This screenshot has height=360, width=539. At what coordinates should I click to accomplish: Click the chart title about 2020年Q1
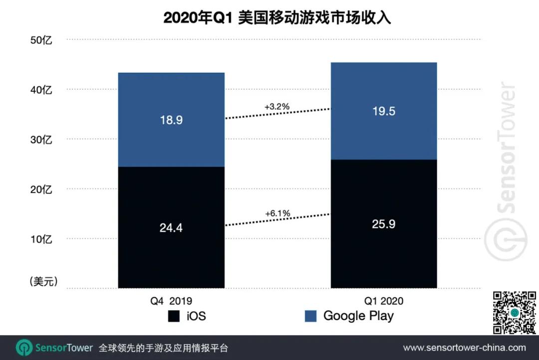tap(277, 18)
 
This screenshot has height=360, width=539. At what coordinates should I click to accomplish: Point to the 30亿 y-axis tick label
tap(41, 140)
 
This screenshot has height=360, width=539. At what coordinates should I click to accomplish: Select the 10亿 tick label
tap(41, 239)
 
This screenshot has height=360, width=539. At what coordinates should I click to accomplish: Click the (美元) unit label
tap(43, 282)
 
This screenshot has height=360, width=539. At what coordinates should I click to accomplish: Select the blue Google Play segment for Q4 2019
tap(171, 120)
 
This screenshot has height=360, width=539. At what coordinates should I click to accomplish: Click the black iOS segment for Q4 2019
tap(171, 227)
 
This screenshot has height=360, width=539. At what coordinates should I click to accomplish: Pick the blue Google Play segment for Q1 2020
tap(384, 111)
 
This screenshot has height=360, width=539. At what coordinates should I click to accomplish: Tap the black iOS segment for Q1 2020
tap(384, 224)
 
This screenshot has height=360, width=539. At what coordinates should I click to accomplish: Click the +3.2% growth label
tap(276, 107)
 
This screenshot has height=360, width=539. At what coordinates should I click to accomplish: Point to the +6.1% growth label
tap(277, 214)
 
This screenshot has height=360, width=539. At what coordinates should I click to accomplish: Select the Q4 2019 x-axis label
tap(171, 301)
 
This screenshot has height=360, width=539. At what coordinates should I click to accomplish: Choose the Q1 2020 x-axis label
tap(384, 301)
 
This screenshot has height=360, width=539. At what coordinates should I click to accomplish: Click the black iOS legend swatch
tap(174, 316)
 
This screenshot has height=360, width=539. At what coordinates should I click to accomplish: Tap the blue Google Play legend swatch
tap(310, 316)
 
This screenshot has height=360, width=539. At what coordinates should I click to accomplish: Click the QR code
tap(515, 312)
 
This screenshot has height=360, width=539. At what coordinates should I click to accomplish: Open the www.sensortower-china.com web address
tap(464, 348)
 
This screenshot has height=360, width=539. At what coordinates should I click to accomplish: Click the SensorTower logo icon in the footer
tap(24, 348)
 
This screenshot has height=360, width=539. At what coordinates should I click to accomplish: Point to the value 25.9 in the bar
tap(384, 224)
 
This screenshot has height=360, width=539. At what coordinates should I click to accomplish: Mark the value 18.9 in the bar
tap(171, 120)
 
